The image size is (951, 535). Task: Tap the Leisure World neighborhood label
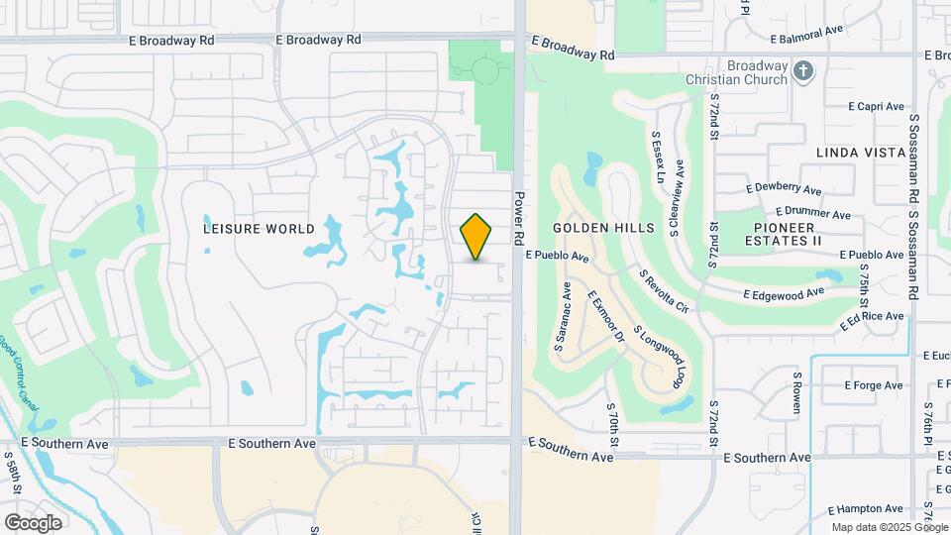[251, 228]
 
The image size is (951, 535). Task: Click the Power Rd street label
[518, 219]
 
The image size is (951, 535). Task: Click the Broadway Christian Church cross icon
[803, 69]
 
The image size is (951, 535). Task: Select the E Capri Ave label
[877, 106]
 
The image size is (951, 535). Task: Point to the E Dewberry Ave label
[784, 188]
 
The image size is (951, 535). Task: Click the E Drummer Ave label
[813, 212]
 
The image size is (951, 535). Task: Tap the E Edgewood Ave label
[785, 292]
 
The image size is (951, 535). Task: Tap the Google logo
[33, 522]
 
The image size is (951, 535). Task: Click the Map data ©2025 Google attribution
[887, 527]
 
